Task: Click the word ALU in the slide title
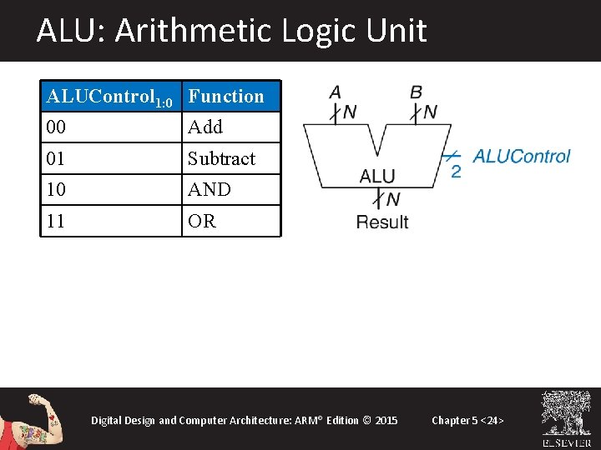(x=65, y=31)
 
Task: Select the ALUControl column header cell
(x=110, y=97)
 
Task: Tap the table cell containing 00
(x=110, y=127)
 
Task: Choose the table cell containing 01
(x=110, y=158)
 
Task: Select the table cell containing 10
(x=110, y=190)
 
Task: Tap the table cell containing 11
(x=110, y=222)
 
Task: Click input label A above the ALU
(x=335, y=92)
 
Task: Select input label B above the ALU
(x=416, y=92)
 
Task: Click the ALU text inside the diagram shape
(x=377, y=176)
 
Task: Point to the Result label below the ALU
(x=382, y=222)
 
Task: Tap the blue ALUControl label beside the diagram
(x=522, y=156)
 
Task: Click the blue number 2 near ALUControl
(x=456, y=171)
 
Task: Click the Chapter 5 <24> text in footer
(x=467, y=420)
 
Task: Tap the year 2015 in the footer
(x=386, y=420)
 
